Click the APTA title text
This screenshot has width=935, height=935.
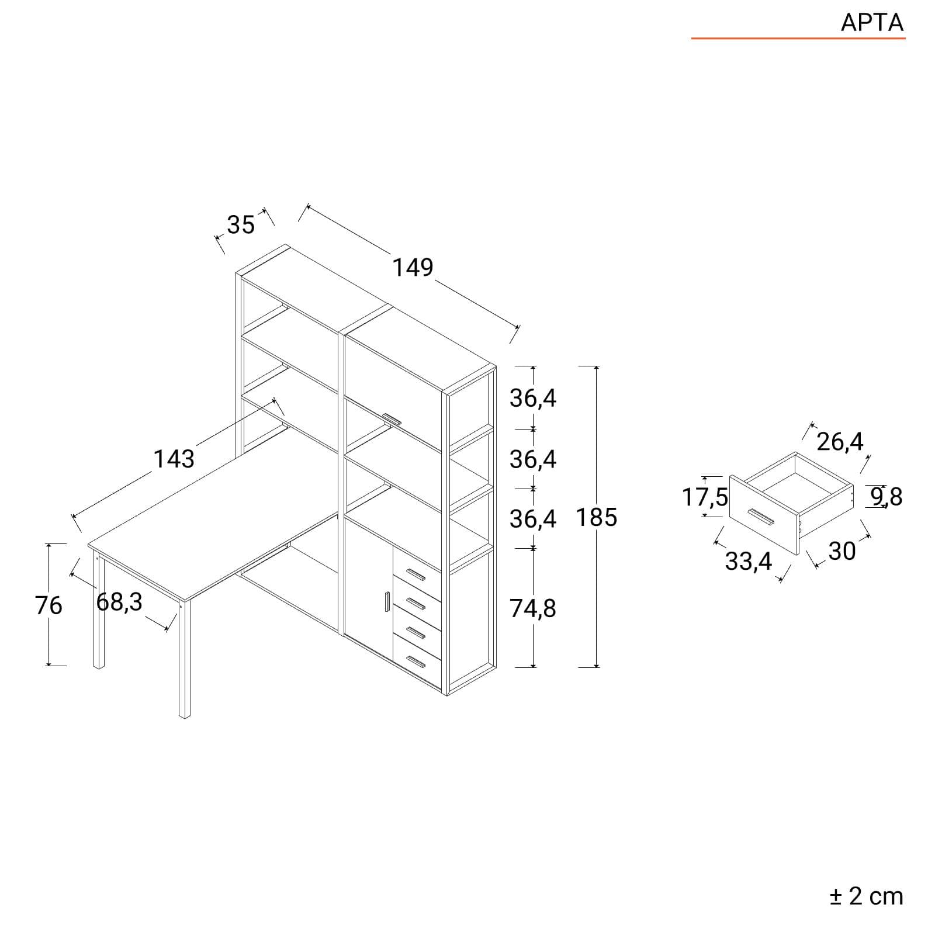(x=872, y=23)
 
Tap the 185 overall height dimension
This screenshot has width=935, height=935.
(x=597, y=518)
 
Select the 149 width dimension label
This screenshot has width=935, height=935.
(x=413, y=268)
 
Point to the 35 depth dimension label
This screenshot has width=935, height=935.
(x=241, y=225)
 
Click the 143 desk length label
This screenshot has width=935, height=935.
(x=174, y=459)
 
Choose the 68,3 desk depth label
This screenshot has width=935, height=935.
(x=119, y=602)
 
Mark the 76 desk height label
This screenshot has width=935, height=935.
(x=49, y=605)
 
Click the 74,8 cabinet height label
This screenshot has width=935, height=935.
(x=533, y=609)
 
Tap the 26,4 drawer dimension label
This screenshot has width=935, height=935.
(x=840, y=442)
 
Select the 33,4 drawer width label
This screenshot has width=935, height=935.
(x=749, y=562)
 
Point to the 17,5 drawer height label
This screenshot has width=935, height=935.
(x=705, y=497)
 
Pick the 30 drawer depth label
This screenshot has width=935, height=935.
(x=842, y=551)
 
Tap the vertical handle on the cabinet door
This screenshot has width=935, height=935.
(x=387, y=602)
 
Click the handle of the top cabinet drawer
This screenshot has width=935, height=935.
(x=415, y=574)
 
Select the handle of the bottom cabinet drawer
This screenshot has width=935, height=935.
(x=415, y=662)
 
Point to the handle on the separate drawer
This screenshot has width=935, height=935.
(x=761, y=517)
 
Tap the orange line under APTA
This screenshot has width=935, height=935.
(x=798, y=39)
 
